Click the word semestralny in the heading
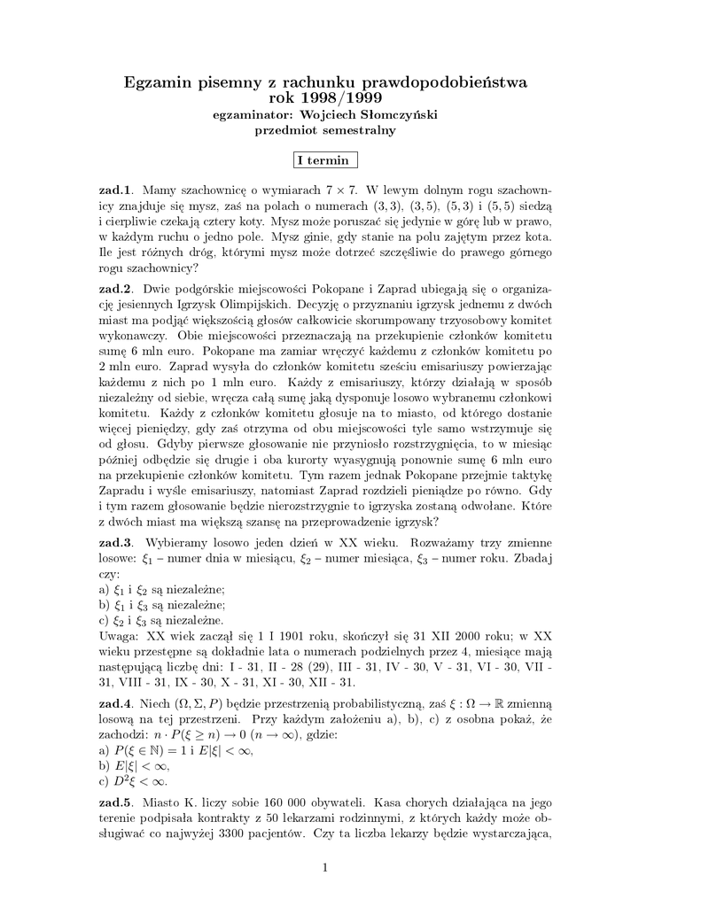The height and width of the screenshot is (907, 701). coord(358,130)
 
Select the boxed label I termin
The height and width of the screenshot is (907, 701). coord(325,160)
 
